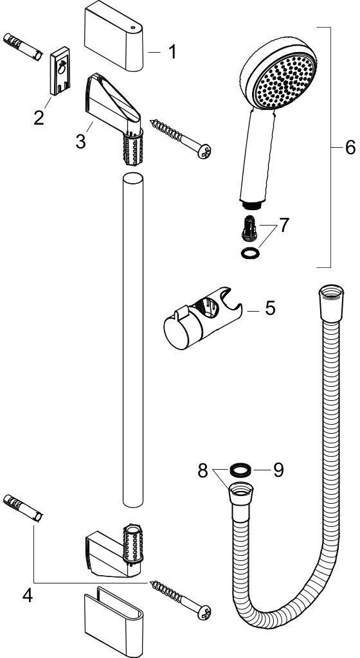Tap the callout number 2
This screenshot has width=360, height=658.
[39, 118]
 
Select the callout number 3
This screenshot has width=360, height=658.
[80, 141]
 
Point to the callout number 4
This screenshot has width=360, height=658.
[28, 596]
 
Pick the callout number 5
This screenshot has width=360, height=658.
[270, 308]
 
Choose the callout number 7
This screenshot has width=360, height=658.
[285, 226]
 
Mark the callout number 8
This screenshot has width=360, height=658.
[203, 471]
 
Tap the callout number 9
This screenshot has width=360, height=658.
[278, 470]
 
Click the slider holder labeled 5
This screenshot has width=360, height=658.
[202, 317]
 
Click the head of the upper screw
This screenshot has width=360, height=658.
[205, 151]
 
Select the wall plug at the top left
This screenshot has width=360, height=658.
[23, 48]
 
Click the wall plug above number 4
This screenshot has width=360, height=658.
[23, 508]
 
